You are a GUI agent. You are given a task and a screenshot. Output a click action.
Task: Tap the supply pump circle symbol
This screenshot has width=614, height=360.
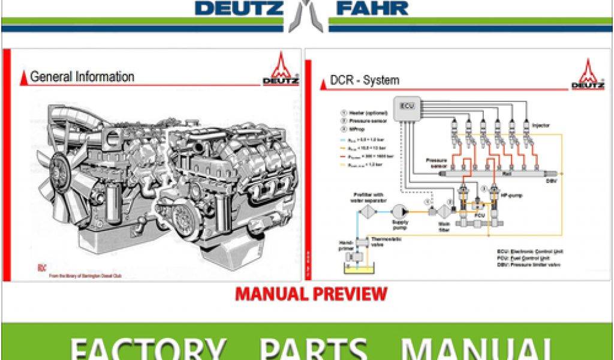399,211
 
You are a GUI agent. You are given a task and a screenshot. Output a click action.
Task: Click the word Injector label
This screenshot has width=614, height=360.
541,125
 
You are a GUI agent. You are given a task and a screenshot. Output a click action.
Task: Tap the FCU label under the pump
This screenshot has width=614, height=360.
479,214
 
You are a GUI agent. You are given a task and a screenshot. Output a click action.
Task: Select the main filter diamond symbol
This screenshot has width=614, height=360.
444,211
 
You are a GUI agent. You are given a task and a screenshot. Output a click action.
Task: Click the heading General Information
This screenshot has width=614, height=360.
82,77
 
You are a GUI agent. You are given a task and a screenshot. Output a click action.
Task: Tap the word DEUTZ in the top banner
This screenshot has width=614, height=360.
239,8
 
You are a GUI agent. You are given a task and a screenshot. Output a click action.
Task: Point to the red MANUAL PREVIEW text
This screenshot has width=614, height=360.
311,294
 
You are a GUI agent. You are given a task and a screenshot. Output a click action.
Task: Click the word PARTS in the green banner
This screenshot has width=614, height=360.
314,347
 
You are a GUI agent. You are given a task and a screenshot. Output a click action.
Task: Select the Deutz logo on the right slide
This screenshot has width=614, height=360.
587,75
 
